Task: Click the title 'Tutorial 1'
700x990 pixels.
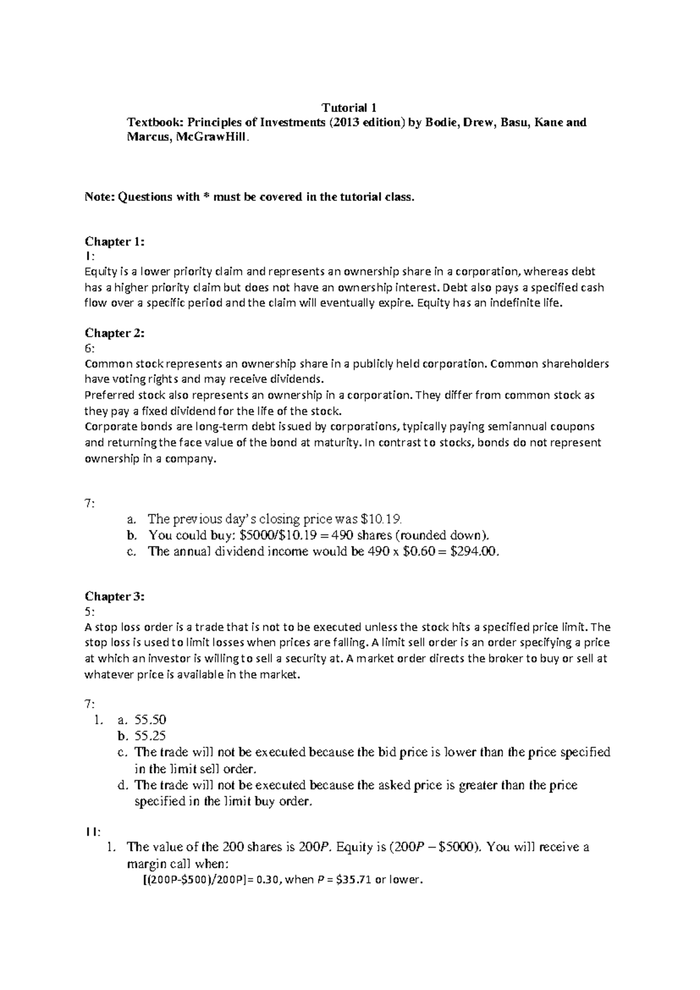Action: pyautogui.click(x=349, y=107)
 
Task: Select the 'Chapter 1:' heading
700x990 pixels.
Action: pyautogui.click(x=114, y=242)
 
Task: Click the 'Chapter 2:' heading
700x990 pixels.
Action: pyautogui.click(x=114, y=333)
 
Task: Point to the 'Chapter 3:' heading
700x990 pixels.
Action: pyautogui.click(x=114, y=596)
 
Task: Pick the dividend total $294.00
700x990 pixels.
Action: pyautogui.click(x=475, y=552)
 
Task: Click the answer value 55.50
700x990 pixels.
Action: pyautogui.click(x=150, y=720)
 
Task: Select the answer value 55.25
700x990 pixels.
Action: pyautogui.click(x=150, y=736)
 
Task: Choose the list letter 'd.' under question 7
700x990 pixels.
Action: pyautogui.click(x=123, y=785)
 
